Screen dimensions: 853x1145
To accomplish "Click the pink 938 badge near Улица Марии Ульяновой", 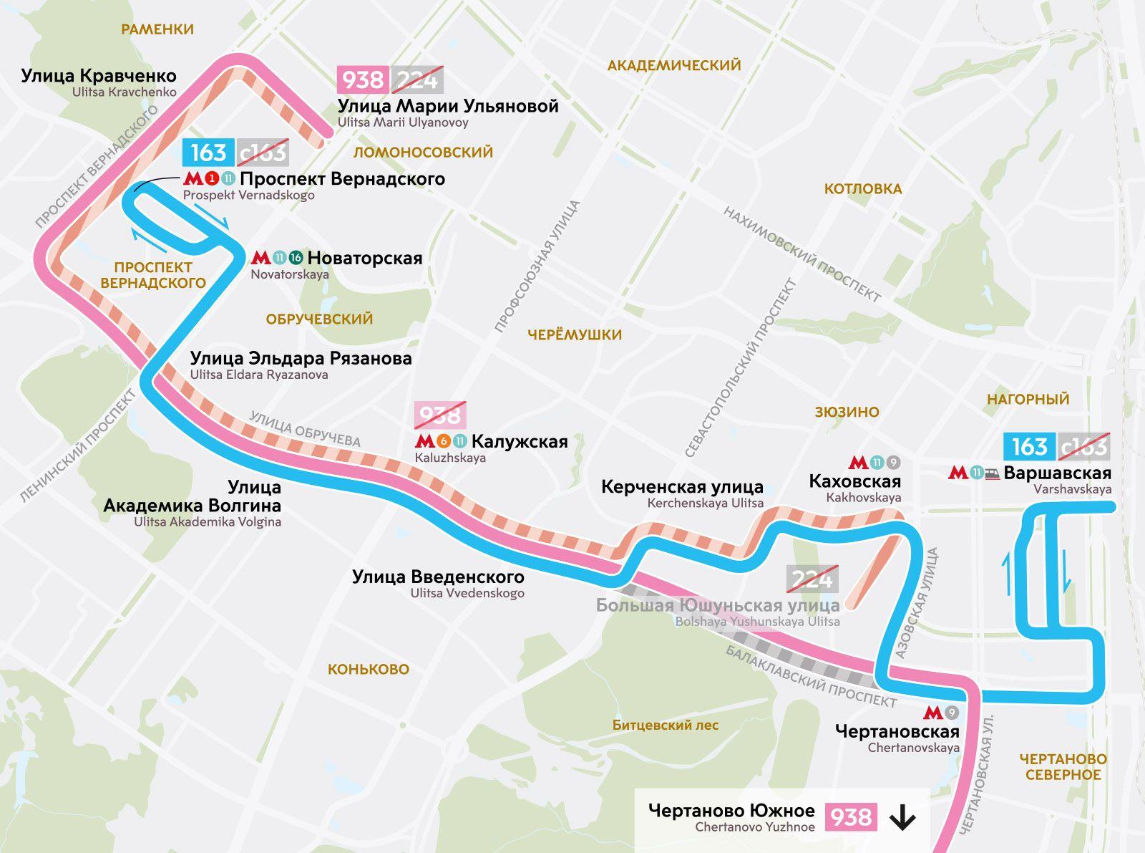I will (363, 79).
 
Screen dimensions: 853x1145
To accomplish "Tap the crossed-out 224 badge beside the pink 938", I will (417, 79).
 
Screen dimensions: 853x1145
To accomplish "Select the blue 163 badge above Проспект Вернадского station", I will (208, 152).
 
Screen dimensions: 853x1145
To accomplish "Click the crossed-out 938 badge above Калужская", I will (440, 415).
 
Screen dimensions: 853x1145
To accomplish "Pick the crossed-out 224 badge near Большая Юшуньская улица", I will (812, 579).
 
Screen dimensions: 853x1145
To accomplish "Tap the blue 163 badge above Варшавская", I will (1029, 447).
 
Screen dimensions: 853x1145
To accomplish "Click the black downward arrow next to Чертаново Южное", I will (902, 817).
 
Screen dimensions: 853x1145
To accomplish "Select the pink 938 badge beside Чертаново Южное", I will (851, 817).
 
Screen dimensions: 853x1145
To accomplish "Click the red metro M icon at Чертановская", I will (932, 713).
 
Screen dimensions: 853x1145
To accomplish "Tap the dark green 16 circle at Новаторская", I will (296, 258).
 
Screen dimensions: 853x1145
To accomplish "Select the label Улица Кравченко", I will (99, 76).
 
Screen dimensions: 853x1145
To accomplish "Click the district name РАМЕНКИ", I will (157, 29).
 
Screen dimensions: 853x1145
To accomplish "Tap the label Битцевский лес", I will (665, 726).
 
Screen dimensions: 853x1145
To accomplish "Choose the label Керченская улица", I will (682, 487).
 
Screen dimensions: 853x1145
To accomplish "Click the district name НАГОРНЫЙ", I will (1028, 400).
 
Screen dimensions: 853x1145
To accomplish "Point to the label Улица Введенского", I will (438, 577).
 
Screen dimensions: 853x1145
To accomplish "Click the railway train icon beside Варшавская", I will (992, 473).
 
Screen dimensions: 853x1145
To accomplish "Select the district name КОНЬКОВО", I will (369, 670).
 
